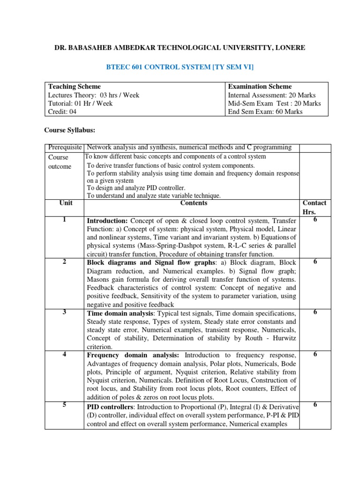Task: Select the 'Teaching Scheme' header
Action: point(75,87)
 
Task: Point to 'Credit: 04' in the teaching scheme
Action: point(62,112)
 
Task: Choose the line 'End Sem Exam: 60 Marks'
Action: point(265,112)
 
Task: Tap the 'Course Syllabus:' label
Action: point(70,129)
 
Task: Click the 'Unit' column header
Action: point(66,203)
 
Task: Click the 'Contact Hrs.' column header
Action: point(315,207)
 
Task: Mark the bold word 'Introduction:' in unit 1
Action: point(107,221)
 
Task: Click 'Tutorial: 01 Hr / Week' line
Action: point(81,104)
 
